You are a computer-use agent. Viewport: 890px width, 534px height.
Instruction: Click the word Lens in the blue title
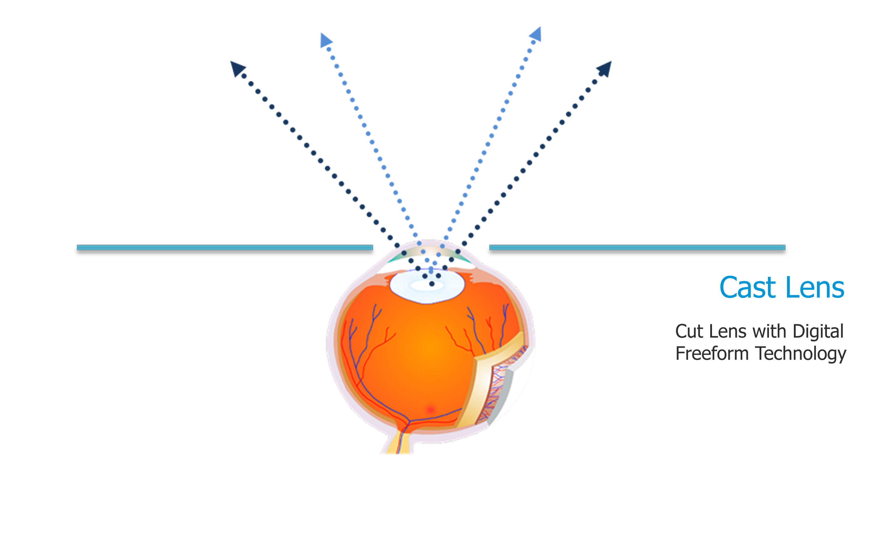tap(815, 287)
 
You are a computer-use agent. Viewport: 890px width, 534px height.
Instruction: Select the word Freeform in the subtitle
tap(712, 353)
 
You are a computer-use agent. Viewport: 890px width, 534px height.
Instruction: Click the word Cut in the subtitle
tap(689, 332)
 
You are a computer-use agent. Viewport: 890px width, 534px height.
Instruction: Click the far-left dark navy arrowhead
tap(237, 68)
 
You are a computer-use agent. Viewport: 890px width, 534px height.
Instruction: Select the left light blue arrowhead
tap(325, 40)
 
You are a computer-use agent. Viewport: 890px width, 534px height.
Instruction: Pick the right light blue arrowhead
tap(536, 34)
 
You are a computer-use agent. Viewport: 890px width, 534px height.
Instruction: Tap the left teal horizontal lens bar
tap(225, 248)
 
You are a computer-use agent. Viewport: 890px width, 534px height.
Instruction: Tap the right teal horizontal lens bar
tap(637, 248)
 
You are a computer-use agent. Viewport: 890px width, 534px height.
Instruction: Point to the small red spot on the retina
tap(430, 409)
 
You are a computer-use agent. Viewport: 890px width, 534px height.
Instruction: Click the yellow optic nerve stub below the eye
tap(398, 443)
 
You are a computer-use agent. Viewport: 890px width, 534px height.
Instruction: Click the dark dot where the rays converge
tap(432, 284)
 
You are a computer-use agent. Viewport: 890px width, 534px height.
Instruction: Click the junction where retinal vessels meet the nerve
tap(408, 421)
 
